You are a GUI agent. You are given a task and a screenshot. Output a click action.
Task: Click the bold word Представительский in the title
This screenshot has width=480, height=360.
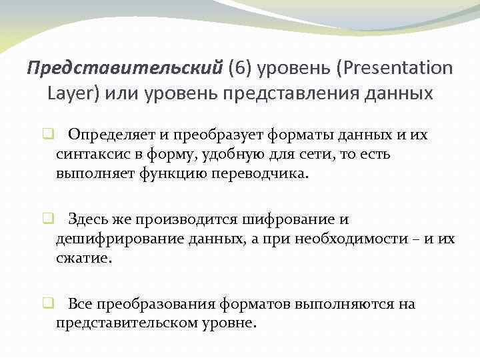pos(125,68)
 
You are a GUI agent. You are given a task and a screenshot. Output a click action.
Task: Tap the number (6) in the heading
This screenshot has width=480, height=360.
pos(240,68)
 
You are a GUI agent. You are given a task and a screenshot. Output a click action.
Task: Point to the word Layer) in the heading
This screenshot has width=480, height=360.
pos(73,92)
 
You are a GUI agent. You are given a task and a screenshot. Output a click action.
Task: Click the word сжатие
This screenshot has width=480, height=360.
pos(84,257)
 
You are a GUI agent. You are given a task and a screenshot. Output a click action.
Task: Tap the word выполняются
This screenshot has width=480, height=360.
pos(337,305)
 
